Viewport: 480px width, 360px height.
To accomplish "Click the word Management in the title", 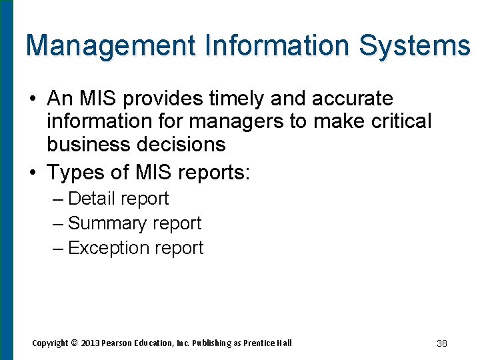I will tap(110, 46).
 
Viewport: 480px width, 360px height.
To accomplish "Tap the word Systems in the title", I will tap(414, 46).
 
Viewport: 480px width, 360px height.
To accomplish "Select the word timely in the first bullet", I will tap(237, 99).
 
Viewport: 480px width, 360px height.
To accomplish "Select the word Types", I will tap(75, 173).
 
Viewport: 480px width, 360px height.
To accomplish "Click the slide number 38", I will tap(441, 343).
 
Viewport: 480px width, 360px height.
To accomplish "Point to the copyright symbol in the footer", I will tap(75, 343).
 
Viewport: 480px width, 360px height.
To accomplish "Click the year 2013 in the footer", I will tap(91, 343).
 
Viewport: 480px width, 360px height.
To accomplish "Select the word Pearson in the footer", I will tap(119, 343).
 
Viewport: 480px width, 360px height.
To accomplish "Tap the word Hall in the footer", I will tap(283, 343).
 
